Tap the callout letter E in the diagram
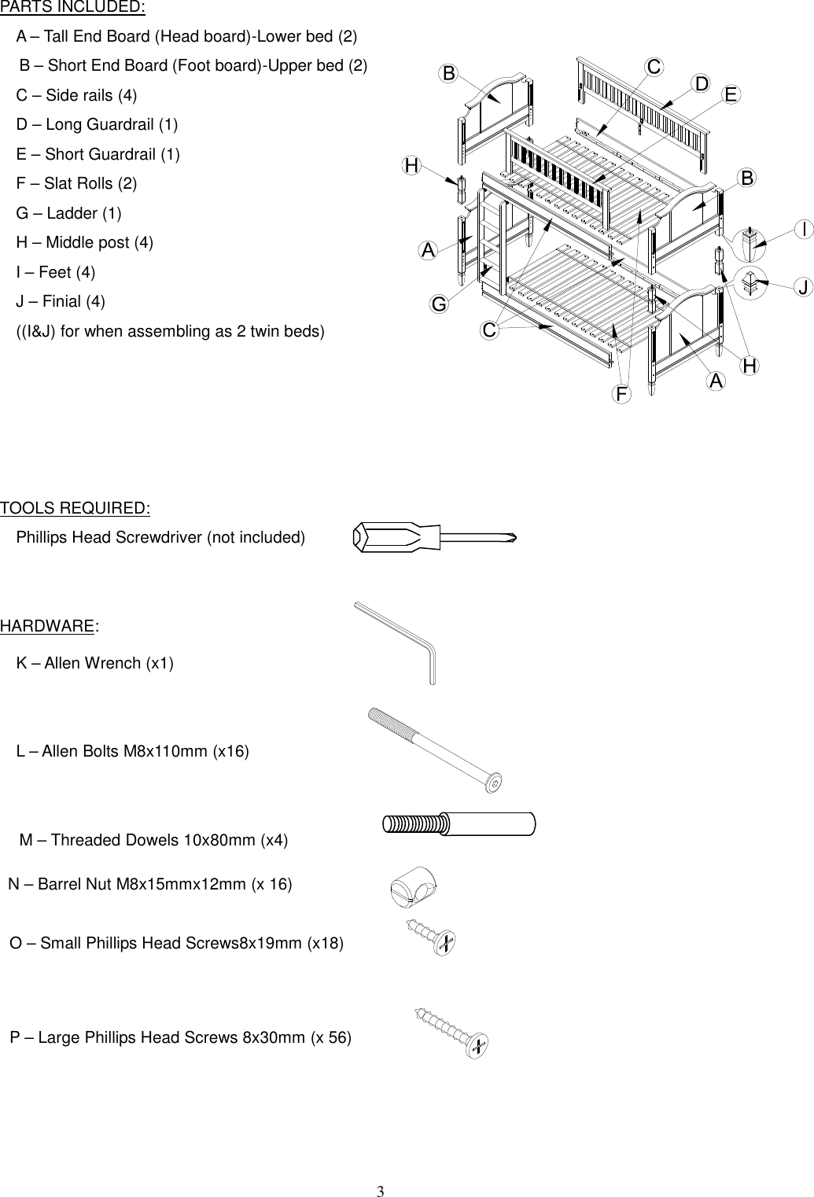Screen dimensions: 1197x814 [x=731, y=94]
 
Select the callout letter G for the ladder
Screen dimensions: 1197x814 [x=438, y=304]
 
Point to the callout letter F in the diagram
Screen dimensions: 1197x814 [x=622, y=392]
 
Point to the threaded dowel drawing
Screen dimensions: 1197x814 [x=459, y=823]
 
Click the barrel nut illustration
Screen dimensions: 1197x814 [x=413, y=887]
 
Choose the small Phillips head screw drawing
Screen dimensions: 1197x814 [x=431, y=936]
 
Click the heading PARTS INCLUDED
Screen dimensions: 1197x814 [x=72, y=8]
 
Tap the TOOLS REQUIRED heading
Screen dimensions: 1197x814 [x=76, y=508]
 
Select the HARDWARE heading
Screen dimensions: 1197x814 [x=47, y=626]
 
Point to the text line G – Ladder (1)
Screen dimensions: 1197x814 [x=69, y=213]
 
